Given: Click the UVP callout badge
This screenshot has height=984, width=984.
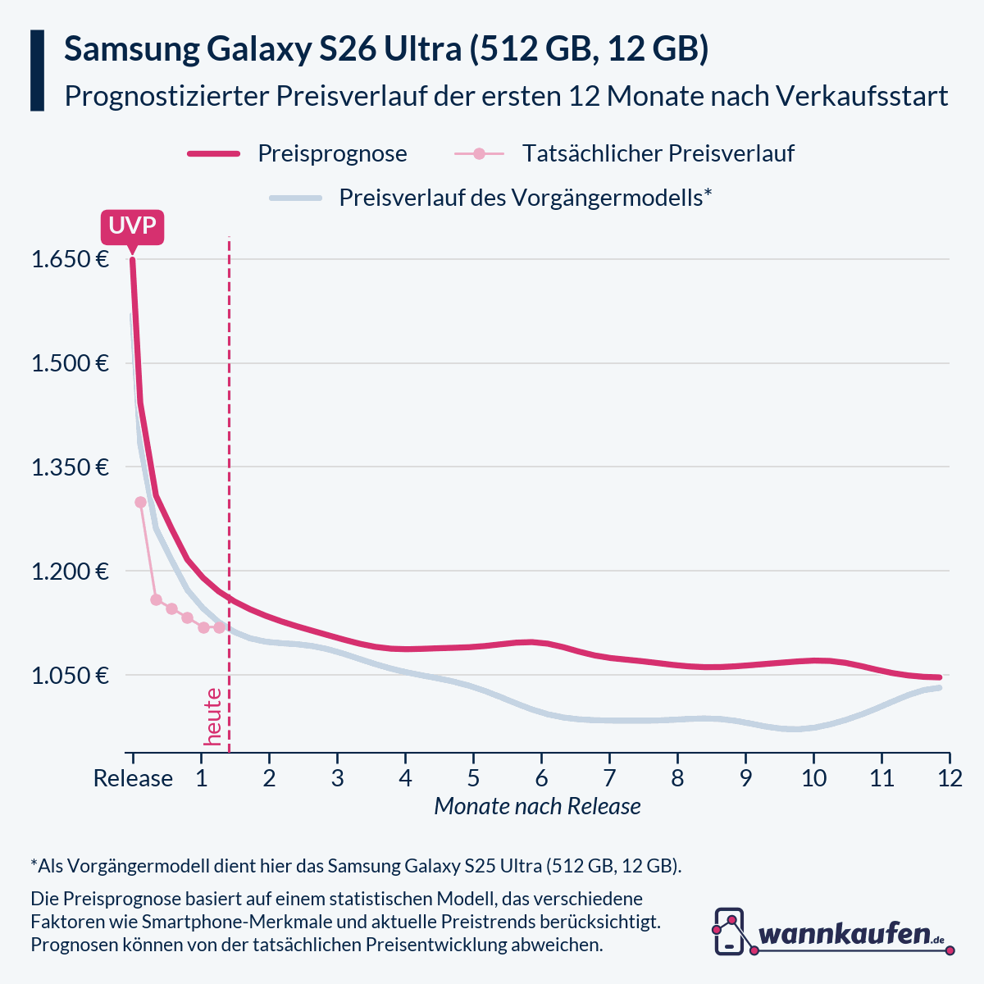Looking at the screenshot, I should click(x=132, y=226).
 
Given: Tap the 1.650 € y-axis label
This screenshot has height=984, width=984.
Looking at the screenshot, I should click(x=70, y=260).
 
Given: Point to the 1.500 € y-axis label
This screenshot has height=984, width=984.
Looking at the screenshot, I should click(x=70, y=363).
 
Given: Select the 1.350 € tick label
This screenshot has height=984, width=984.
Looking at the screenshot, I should click(x=70, y=467).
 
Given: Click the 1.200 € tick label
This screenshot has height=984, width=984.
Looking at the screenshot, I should click(x=70, y=572).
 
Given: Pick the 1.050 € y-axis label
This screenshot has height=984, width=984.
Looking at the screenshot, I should click(x=70, y=676).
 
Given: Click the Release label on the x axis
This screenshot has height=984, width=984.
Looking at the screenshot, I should click(x=133, y=777).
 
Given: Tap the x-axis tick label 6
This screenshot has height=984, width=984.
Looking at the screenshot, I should click(x=541, y=777).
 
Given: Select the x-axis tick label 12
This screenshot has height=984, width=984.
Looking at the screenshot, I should click(x=949, y=777).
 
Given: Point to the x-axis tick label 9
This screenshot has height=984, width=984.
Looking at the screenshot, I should click(x=745, y=777).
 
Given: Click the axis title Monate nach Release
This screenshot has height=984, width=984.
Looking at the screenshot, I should click(x=537, y=806).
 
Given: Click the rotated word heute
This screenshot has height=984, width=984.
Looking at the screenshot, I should click(x=213, y=717).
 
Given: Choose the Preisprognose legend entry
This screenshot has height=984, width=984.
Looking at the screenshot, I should click(x=332, y=153).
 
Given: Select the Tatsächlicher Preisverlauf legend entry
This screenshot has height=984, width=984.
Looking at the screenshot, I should click(x=658, y=153).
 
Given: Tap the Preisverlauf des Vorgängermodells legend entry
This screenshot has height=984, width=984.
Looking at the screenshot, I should click(x=525, y=198).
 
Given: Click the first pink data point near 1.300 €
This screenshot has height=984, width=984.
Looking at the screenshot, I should click(x=140, y=502).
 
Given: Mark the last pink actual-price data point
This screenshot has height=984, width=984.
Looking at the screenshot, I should click(x=219, y=627).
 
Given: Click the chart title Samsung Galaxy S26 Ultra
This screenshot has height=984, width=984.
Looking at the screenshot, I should click(x=386, y=49).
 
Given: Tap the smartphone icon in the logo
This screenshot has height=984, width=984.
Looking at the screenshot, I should click(x=729, y=931).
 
